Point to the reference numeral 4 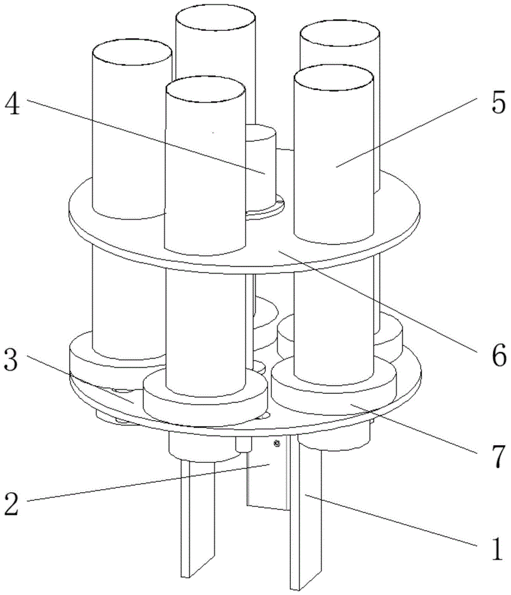[12, 106]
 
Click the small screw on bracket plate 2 [276, 444]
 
